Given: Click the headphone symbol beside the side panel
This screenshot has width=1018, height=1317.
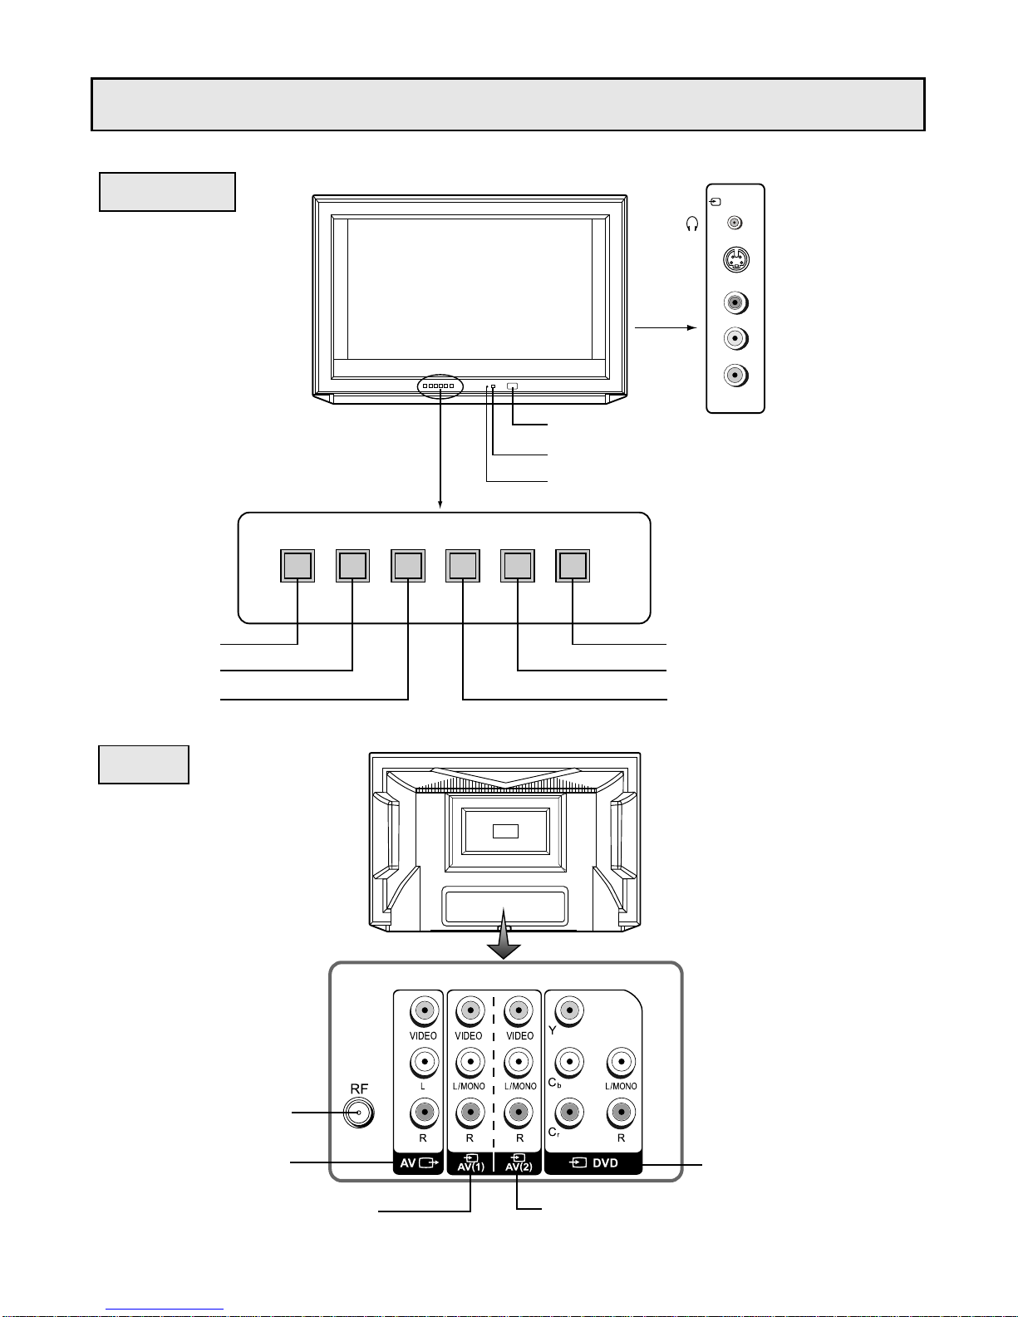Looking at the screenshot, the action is pyautogui.click(x=692, y=224).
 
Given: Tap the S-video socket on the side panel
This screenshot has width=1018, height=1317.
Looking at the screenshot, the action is pyautogui.click(x=735, y=260).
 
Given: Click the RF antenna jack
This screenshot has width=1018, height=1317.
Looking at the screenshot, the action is pyautogui.click(x=359, y=1113).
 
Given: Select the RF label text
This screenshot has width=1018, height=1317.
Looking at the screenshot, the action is pyautogui.click(x=359, y=1088).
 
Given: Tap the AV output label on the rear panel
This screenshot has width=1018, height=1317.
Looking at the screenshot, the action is pyautogui.click(x=419, y=1163).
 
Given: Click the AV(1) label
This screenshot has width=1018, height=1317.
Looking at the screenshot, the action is pyautogui.click(x=471, y=1163).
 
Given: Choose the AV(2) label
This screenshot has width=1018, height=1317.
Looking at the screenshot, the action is pyautogui.click(x=519, y=1163).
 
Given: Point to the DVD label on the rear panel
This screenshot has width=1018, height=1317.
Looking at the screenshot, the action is pyautogui.click(x=594, y=1163).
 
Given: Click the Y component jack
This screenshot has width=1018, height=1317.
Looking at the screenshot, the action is pyautogui.click(x=569, y=1011).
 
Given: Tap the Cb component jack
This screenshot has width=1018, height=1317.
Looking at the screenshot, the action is pyautogui.click(x=569, y=1062).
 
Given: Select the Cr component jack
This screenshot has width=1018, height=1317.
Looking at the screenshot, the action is pyautogui.click(x=569, y=1113).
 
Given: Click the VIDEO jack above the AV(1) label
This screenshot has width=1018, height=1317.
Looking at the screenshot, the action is pyautogui.click(x=470, y=1011).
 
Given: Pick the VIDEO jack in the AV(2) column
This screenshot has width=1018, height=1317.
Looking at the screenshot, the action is pyautogui.click(x=518, y=1011).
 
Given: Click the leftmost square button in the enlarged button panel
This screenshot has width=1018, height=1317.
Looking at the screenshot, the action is pyautogui.click(x=298, y=566).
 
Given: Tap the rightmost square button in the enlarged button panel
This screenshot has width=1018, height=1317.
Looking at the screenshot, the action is pyautogui.click(x=573, y=566).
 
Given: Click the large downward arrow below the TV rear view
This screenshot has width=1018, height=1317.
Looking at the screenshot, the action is pyautogui.click(x=504, y=933).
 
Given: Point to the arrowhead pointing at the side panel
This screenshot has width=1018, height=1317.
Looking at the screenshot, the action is pyautogui.click(x=692, y=328).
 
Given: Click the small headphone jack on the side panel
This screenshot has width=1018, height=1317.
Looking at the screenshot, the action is pyautogui.click(x=735, y=223).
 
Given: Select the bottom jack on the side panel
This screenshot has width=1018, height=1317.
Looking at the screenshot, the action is pyautogui.click(x=735, y=376).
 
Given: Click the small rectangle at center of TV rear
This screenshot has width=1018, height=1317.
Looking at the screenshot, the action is pyautogui.click(x=505, y=831).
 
